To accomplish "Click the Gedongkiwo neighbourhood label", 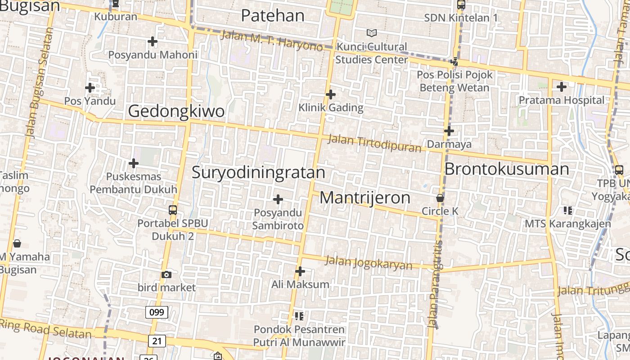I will (176, 111).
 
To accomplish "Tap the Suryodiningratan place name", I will (258, 172).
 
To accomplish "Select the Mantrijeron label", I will (365, 198).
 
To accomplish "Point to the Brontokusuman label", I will (507, 169).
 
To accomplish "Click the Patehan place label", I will (273, 15).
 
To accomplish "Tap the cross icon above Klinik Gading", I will (331, 94).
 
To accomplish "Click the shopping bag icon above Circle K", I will (440, 198).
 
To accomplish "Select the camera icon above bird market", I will (166, 274).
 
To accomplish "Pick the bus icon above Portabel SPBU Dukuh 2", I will (172, 210).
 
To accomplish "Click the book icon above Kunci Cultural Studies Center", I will (371, 33).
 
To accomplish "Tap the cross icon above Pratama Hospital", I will (562, 87).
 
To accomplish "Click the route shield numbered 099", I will (157, 312).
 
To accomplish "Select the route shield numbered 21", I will (157, 341).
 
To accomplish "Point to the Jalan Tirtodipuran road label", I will (374, 143).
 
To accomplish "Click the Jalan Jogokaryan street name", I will (368, 262).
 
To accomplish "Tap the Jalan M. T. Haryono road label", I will (272, 40).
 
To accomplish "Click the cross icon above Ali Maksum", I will (300, 271).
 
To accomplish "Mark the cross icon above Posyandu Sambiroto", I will (278, 199).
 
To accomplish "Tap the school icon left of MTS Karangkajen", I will (567, 210).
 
